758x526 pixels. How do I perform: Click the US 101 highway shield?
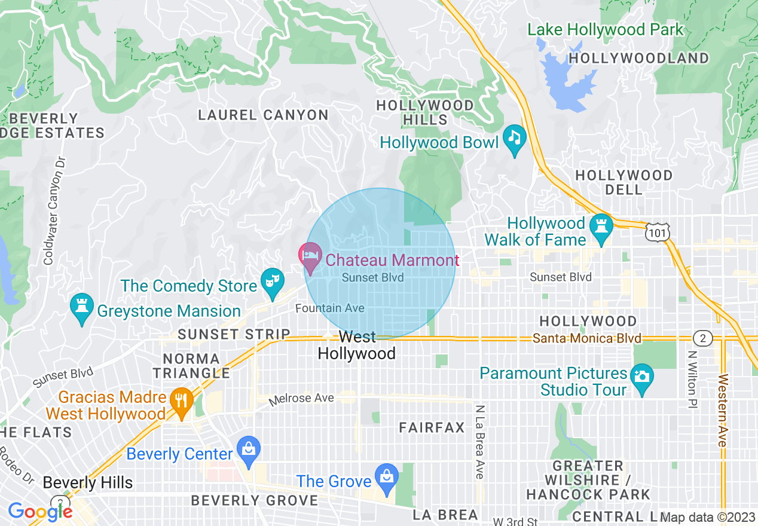[658, 230]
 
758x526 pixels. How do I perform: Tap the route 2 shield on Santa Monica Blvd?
[703, 338]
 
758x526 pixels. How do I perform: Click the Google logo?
[39, 511]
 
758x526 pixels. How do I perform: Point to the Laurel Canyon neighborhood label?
[263, 115]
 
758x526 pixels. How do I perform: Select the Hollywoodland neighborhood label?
[638, 58]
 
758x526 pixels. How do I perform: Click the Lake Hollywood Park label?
[604, 30]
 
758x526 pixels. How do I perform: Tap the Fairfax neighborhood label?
[432, 427]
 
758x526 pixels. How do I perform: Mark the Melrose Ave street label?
[301, 399]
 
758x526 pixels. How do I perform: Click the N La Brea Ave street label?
[479, 442]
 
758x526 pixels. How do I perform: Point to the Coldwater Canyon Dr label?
[53, 211]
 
